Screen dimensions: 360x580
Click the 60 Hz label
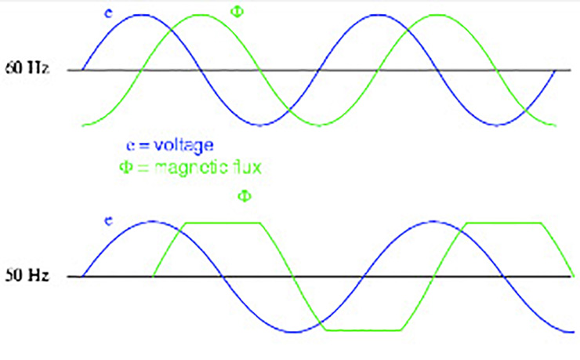27,70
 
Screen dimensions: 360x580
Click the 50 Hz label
27,277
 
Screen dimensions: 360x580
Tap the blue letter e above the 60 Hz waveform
107,13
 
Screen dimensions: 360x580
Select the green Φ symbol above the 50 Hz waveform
244,196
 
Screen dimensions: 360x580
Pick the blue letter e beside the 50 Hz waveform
109,222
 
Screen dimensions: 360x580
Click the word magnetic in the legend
187,166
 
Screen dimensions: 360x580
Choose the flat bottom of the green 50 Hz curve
362,330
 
